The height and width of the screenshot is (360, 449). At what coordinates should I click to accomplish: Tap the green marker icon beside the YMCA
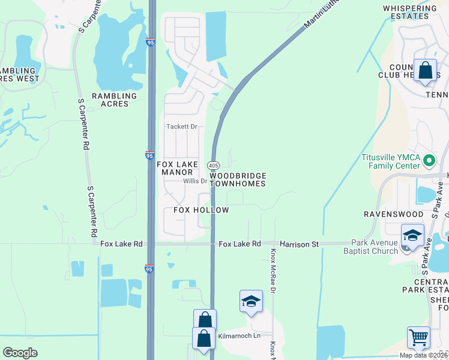[429, 161]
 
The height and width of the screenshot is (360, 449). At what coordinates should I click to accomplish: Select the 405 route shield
[214, 164]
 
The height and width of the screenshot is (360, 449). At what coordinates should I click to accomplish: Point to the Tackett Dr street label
[181, 127]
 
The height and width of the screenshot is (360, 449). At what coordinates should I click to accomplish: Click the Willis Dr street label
[195, 181]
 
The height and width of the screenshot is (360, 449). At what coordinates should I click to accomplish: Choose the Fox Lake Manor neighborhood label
[175, 168]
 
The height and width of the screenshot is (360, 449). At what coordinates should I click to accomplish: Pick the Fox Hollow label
[201, 210]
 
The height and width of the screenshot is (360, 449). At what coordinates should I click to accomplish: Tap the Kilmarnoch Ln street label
[240, 335]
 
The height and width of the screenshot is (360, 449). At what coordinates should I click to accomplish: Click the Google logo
[20, 353]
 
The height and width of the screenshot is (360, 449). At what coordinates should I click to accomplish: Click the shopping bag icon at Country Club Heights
[426, 71]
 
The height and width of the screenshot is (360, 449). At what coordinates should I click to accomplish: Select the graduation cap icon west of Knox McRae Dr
[251, 301]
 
